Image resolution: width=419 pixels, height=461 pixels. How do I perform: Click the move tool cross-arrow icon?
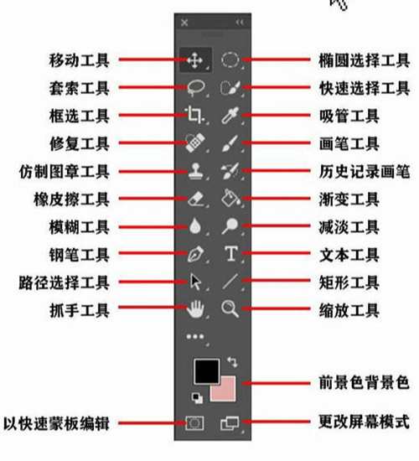[195, 60]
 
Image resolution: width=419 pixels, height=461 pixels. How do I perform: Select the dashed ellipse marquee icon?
[230, 60]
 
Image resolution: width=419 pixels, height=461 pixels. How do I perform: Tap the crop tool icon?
[194, 115]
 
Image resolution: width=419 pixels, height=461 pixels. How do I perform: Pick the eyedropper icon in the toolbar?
[230, 115]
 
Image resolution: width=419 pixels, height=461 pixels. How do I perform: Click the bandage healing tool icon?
[194, 142]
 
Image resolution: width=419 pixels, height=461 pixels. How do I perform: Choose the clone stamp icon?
[195, 171]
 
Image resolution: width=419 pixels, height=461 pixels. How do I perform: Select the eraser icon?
[195, 199]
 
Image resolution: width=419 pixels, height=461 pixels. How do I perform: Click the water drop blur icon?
[195, 225]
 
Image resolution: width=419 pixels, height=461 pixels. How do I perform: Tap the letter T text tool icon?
[231, 253]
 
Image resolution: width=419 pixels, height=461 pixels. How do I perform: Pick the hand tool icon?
[195, 309]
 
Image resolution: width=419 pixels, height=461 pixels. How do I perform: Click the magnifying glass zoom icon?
[230, 308]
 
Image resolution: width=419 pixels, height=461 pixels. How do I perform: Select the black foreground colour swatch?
[207, 371]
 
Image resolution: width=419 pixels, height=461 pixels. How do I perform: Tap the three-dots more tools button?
[195, 337]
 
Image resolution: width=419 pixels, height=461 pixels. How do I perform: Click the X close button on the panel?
[184, 23]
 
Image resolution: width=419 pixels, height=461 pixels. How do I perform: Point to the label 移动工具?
[80, 60]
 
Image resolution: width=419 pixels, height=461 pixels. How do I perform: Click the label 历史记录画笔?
[365, 172]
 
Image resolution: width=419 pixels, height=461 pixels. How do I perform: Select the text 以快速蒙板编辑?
[56, 423]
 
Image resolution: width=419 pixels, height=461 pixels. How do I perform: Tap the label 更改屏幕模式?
[365, 422]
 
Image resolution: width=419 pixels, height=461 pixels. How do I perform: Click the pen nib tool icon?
[195, 254]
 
